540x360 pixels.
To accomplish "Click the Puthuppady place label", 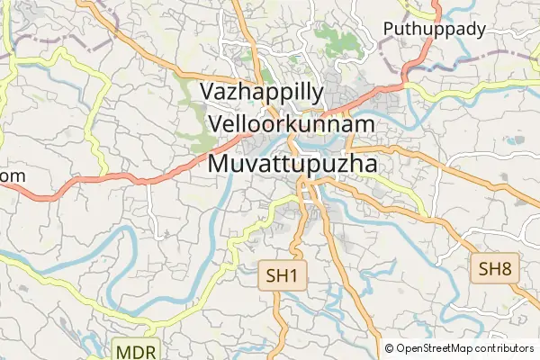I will tap(435, 29).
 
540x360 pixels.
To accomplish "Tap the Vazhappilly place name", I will tap(262, 92).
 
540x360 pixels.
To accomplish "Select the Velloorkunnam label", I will tap(291, 123).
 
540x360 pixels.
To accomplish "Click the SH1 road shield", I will tap(281, 275).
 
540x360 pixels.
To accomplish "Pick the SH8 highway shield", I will tap(495, 268).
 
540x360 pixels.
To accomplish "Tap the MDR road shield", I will tap(136, 349).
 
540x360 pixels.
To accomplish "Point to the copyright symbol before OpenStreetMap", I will tap(390, 348).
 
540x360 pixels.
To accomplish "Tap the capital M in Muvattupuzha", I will tap(220, 164).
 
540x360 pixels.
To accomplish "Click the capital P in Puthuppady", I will tap(390, 29).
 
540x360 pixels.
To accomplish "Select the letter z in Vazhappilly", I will tap(240, 92).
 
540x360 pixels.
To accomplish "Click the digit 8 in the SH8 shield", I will tap(506, 268).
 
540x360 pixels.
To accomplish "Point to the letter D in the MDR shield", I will tap(136, 349).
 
